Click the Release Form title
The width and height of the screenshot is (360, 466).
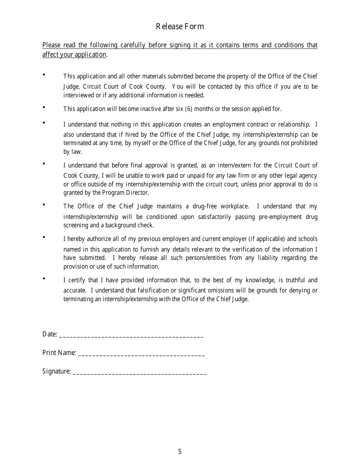[180, 26]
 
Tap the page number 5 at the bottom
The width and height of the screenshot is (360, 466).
[180, 451]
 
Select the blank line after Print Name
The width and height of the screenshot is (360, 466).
[141, 353]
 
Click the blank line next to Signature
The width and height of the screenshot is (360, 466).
[139, 372]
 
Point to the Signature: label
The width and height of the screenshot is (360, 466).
[56, 371]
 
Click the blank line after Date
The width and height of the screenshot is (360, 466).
[131, 335]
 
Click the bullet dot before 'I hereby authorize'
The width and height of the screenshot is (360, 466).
[44, 237]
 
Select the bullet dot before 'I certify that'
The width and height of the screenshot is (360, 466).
[44, 278]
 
